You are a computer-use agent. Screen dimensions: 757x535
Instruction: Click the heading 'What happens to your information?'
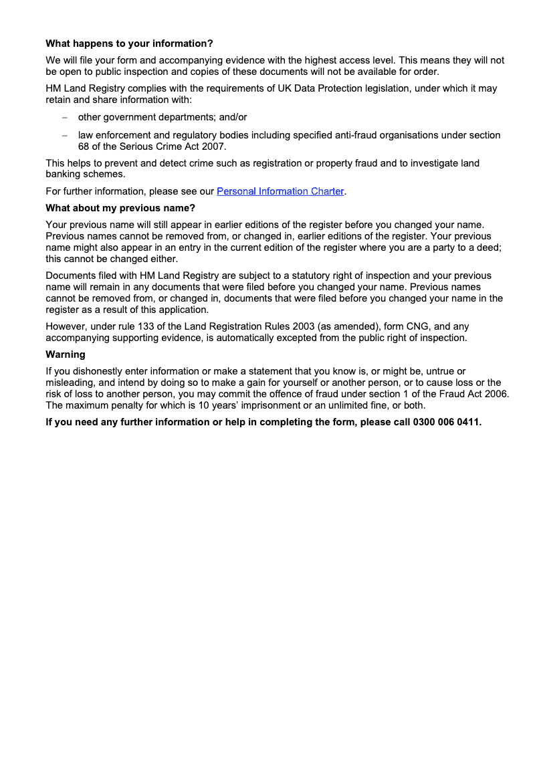(129, 43)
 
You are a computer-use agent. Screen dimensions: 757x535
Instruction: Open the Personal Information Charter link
(280, 191)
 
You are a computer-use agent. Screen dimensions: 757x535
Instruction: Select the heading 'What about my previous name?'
(120, 208)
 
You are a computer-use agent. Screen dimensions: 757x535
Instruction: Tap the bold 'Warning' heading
(66, 354)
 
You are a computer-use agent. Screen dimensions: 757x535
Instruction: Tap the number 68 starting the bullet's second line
(84, 146)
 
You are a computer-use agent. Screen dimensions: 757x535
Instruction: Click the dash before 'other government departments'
(65, 117)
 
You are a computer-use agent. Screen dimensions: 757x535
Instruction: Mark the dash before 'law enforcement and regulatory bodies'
(65, 135)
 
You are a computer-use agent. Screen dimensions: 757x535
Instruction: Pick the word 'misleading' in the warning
(69, 383)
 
